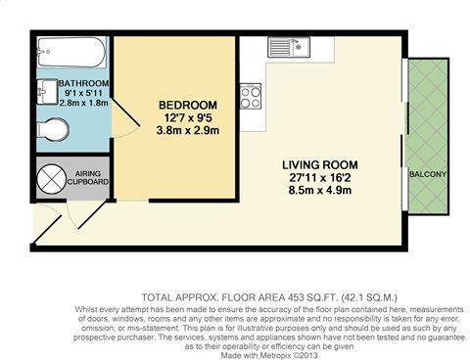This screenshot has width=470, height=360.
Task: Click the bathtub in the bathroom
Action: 71,52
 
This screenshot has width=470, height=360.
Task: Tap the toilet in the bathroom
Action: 53,130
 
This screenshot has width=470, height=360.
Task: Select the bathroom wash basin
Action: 47,92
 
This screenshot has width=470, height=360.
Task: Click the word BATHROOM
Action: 83,83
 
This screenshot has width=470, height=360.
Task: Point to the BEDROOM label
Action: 188,105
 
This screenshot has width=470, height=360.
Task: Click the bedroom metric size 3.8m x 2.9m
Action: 188,131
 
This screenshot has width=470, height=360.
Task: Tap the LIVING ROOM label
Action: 320,165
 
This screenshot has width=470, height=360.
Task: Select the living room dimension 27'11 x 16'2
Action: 320,178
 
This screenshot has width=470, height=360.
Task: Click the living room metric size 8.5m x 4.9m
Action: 320,190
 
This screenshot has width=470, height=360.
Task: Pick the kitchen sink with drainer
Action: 289,47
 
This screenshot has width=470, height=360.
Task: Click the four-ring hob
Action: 251,96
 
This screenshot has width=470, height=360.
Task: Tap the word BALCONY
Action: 428,174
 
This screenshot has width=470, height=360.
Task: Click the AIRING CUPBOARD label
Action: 88,178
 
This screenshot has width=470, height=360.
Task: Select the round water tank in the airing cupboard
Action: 52,178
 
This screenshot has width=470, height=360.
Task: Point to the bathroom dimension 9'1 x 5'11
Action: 83,93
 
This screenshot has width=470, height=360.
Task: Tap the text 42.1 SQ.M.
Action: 369,297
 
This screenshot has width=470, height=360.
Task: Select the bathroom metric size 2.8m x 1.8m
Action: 83,103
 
